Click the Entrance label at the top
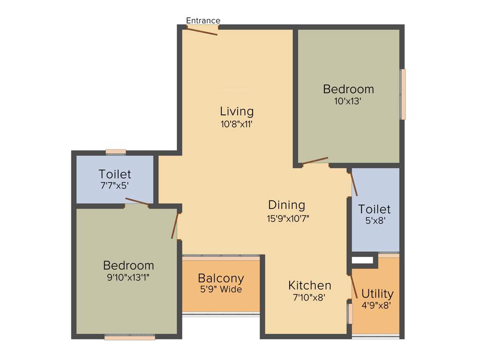(x=203, y=21)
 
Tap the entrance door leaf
(x=202, y=31)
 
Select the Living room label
(x=237, y=112)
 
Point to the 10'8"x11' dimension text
(x=237, y=124)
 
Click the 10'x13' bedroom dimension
(x=348, y=101)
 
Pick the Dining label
(x=286, y=205)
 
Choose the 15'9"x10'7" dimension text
(x=288, y=218)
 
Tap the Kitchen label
(x=309, y=285)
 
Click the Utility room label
(x=377, y=294)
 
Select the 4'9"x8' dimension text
(x=376, y=306)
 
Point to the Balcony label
(x=221, y=278)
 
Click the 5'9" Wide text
(x=221, y=290)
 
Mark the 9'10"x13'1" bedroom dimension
(x=128, y=277)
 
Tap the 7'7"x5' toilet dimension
(x=115, y=186)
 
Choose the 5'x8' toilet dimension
(x=374, y=221)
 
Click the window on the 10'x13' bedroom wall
(x=403, y=94)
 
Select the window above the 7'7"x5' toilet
(x=116, y=151)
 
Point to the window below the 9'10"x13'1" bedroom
(x=129, y=337)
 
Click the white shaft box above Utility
(x=361, y=259)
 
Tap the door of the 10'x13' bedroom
(x=315, y=161)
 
